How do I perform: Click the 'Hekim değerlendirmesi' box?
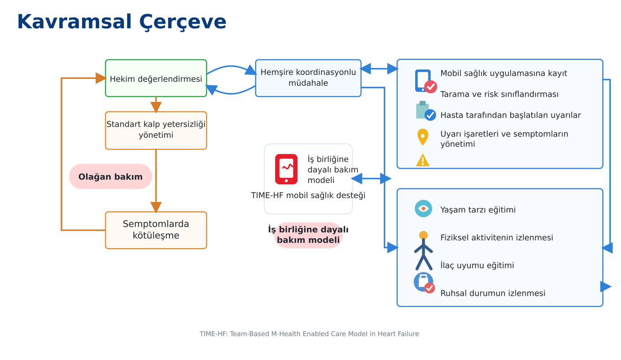pyautogui.click(x=156, y=78)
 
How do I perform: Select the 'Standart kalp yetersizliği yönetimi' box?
pyautogui.click(x=156, y=130)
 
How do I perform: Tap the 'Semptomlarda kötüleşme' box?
pyautogui.click(x=156, y=230)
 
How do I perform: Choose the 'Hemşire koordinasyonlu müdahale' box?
pyautogui.click(x=308, y=78)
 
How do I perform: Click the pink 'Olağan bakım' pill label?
pyautogui.click(x=110, y=176)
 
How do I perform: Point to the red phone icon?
pyautogui.click(x=286, y=169)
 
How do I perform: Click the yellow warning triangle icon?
pyautogui.click(x=423, y=160)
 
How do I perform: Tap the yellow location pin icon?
pyautogui.click(x=423, y=137)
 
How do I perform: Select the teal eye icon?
pyautogui.click(x=423, y=209)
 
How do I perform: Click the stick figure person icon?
pyautogui.click(x=423, y=250)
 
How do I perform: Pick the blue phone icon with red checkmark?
pyautogui.click(x=425, y=81)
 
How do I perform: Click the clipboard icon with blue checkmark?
pyautogui.click(x=425, y=111)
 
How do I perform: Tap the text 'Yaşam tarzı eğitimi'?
pyautogui.click(x=478, y=210)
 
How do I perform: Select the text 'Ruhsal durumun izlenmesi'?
pyautogui.click(x=493, y=293)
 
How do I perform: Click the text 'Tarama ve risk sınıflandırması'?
pyautogui.click(x=499, y=94)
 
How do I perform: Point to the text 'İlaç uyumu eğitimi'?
pyautogui.click(x=477, y=265)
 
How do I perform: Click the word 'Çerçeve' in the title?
pyautogui.click(x=183, y=22)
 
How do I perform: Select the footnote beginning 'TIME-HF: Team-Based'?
pyautogui.click(x=309, y=334)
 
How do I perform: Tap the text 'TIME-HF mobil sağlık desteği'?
pyautogui.click(x=308, y=196)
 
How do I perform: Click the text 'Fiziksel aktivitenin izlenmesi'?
pyautogui.click(x=497, y=237)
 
